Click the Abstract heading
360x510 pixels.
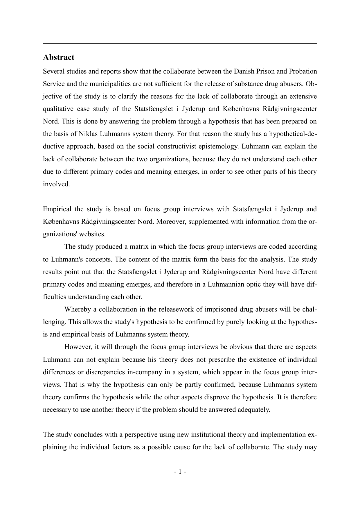(x=59, y=57)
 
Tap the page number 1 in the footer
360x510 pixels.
(x=180, y=472)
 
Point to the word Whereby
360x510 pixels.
(x=78, y=309)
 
